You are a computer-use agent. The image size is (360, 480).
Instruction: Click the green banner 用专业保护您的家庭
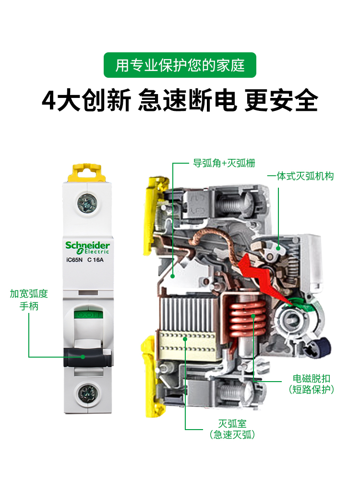[180, 65]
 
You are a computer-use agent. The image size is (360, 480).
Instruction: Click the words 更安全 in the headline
[281, 101]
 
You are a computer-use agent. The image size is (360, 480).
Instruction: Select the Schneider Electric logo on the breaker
[87, 247]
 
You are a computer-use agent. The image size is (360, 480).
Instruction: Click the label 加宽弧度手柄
[29, 300]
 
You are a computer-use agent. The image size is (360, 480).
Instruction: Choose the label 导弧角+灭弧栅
[224, 163]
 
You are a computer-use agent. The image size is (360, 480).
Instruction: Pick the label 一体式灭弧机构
[300, 176]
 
